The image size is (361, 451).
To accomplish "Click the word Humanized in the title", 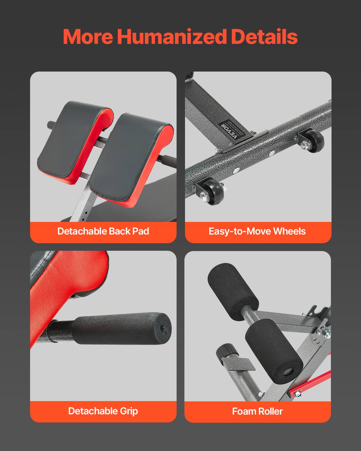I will click(x=172, y=37).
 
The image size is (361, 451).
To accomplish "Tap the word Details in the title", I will click(x=264, y=37).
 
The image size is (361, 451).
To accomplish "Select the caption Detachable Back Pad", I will click(x=103, y=231).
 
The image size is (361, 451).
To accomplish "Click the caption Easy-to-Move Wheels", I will click(x=257, y=231).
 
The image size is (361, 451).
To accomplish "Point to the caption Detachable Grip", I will click(x=103, y=411).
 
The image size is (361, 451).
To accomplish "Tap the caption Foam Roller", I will click(x=258, y=411).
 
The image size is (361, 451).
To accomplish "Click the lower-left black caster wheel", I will click(x=212, y=192).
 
